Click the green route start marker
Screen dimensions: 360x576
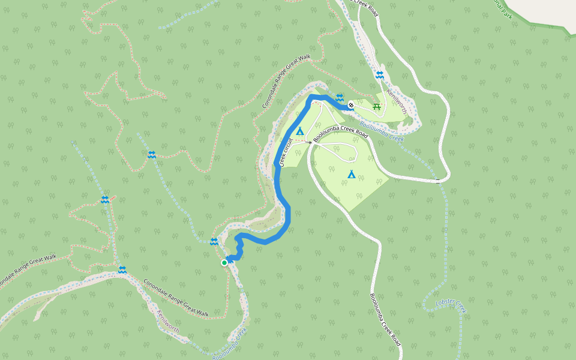click(224, 262)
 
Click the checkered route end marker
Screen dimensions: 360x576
click(351, 105)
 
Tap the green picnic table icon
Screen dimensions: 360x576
click(377, 107)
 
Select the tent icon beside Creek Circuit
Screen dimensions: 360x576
click(300, 131)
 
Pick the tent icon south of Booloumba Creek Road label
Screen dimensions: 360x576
click(352, 175)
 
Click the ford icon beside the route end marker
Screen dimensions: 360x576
click(340, 97)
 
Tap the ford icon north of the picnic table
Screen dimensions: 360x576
click(380, 75)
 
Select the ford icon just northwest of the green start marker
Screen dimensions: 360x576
click(214, 241)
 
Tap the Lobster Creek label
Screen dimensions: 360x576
click(451, 305)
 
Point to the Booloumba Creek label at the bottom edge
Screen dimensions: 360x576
click(230, 343)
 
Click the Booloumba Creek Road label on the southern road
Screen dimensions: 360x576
click(385, 319)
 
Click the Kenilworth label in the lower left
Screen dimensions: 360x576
click(168, 322)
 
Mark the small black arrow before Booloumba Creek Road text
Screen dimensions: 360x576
click(310, 143)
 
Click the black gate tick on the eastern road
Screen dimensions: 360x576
click(438, 180)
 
